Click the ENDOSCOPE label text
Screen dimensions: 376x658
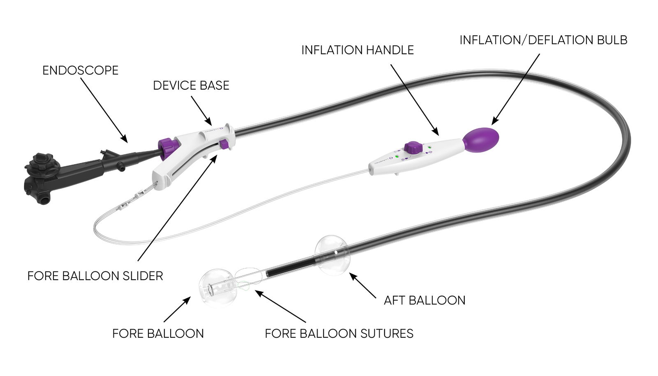coord(80,70)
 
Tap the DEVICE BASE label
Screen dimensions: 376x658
coord(191,86)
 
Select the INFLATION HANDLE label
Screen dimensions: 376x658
coord(357,50)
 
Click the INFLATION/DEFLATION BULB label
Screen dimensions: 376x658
coord(543,40)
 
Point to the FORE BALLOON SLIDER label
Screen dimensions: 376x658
coord(95,276)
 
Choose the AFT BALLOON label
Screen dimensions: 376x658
coord(424,300)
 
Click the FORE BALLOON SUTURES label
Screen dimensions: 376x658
coord(339,333)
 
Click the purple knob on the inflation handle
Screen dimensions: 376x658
coord(413,147)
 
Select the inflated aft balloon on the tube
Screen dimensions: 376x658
coord(332,255)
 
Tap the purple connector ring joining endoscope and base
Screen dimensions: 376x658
coord(168,148)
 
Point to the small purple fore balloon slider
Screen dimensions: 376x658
coord(224,144)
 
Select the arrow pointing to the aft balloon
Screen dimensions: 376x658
coord(363,285)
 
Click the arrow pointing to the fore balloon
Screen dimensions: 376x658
coord(177,309)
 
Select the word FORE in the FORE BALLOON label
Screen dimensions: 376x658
coord(126,333)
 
